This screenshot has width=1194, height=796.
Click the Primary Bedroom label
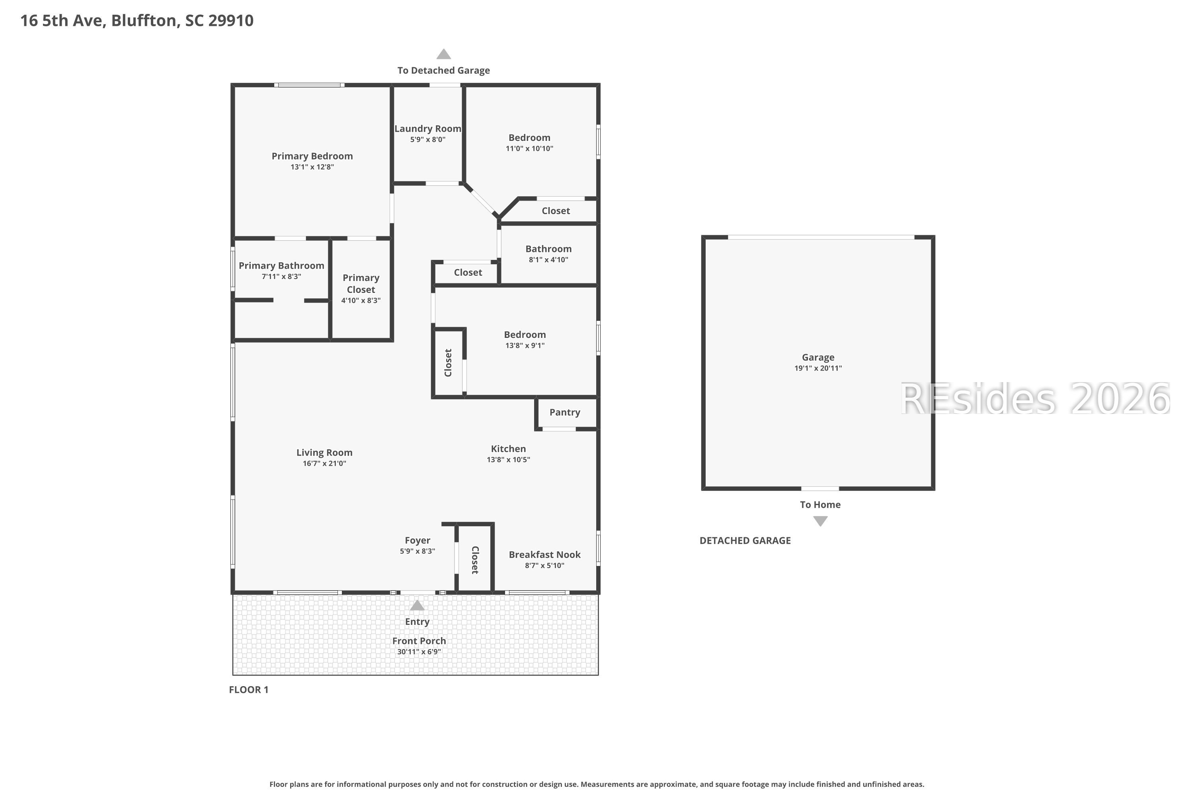[x=312, y=156]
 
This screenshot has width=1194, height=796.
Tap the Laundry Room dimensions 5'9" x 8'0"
[x=428, y=140]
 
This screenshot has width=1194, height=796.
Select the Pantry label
[x=564, y=412]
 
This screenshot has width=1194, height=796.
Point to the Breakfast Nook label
[x=545, y=554]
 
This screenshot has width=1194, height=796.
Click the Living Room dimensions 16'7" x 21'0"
[x=324, y=464]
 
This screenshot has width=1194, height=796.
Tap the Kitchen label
[x=508, y=449]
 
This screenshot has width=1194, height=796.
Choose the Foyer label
[x=417, y=540]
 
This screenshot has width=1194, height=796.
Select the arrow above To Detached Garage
[x=444, y=54]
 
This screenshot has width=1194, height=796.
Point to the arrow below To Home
[x=820, y=521]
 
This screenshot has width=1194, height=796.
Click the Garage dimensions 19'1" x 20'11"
[x=818, y=369]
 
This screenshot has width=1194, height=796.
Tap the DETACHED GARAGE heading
[x=745, y=540]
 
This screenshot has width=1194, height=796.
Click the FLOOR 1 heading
[x=249, y=689]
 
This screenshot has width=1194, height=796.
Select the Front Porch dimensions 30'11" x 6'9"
[x=419, y=652]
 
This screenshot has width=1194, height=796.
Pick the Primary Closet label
[x=361, y=284]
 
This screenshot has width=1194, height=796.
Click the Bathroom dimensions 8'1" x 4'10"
[x=548, y=260]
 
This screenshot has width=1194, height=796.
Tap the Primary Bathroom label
[x=281, y=265]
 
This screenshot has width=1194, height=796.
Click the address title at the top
[x=137, y=20]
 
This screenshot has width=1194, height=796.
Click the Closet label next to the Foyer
[x=475, y=560]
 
